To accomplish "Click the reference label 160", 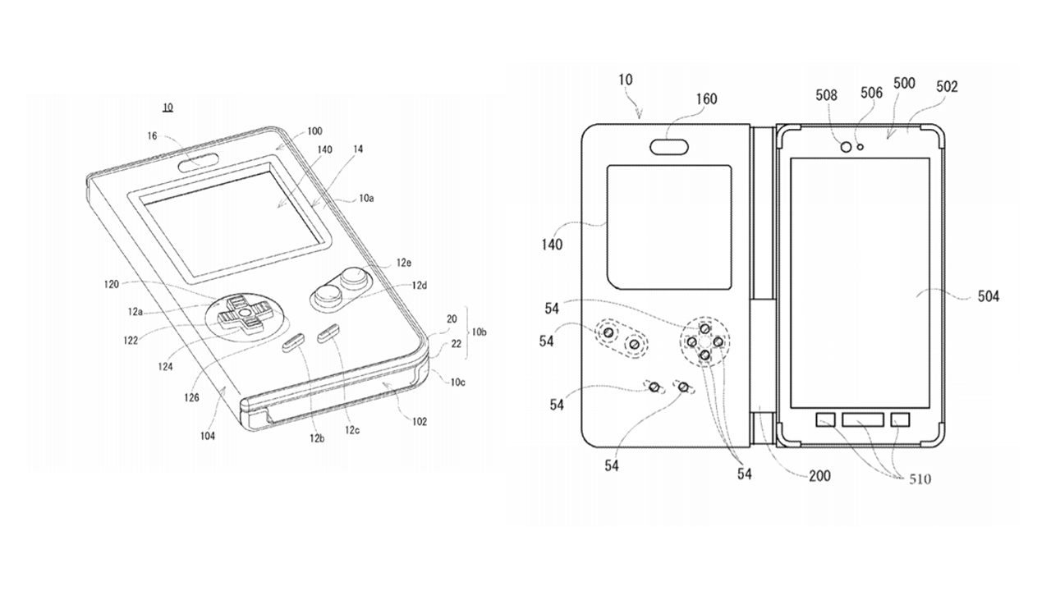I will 705,100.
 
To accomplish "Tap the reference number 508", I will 826,95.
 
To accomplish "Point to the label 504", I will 988,296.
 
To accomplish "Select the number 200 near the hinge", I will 819,475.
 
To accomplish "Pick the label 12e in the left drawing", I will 403,263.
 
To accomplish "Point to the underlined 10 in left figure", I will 168,108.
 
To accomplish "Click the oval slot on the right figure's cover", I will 670,147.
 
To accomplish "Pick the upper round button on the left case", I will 356,277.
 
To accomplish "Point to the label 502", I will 947,86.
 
